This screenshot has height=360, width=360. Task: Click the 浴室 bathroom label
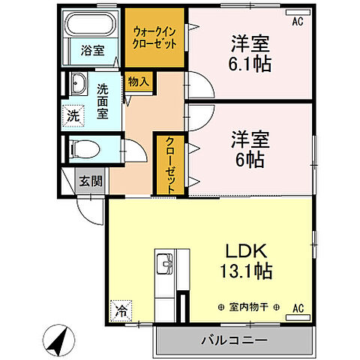coord(94,51)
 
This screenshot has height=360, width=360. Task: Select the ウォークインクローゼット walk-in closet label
coord(154,37)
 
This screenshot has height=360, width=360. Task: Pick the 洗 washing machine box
coord(73,116)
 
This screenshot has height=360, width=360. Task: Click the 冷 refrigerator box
coord(119,308)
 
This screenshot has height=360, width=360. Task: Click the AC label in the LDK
coord(297,307)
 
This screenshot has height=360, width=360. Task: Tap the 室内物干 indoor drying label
coord(245,307)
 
